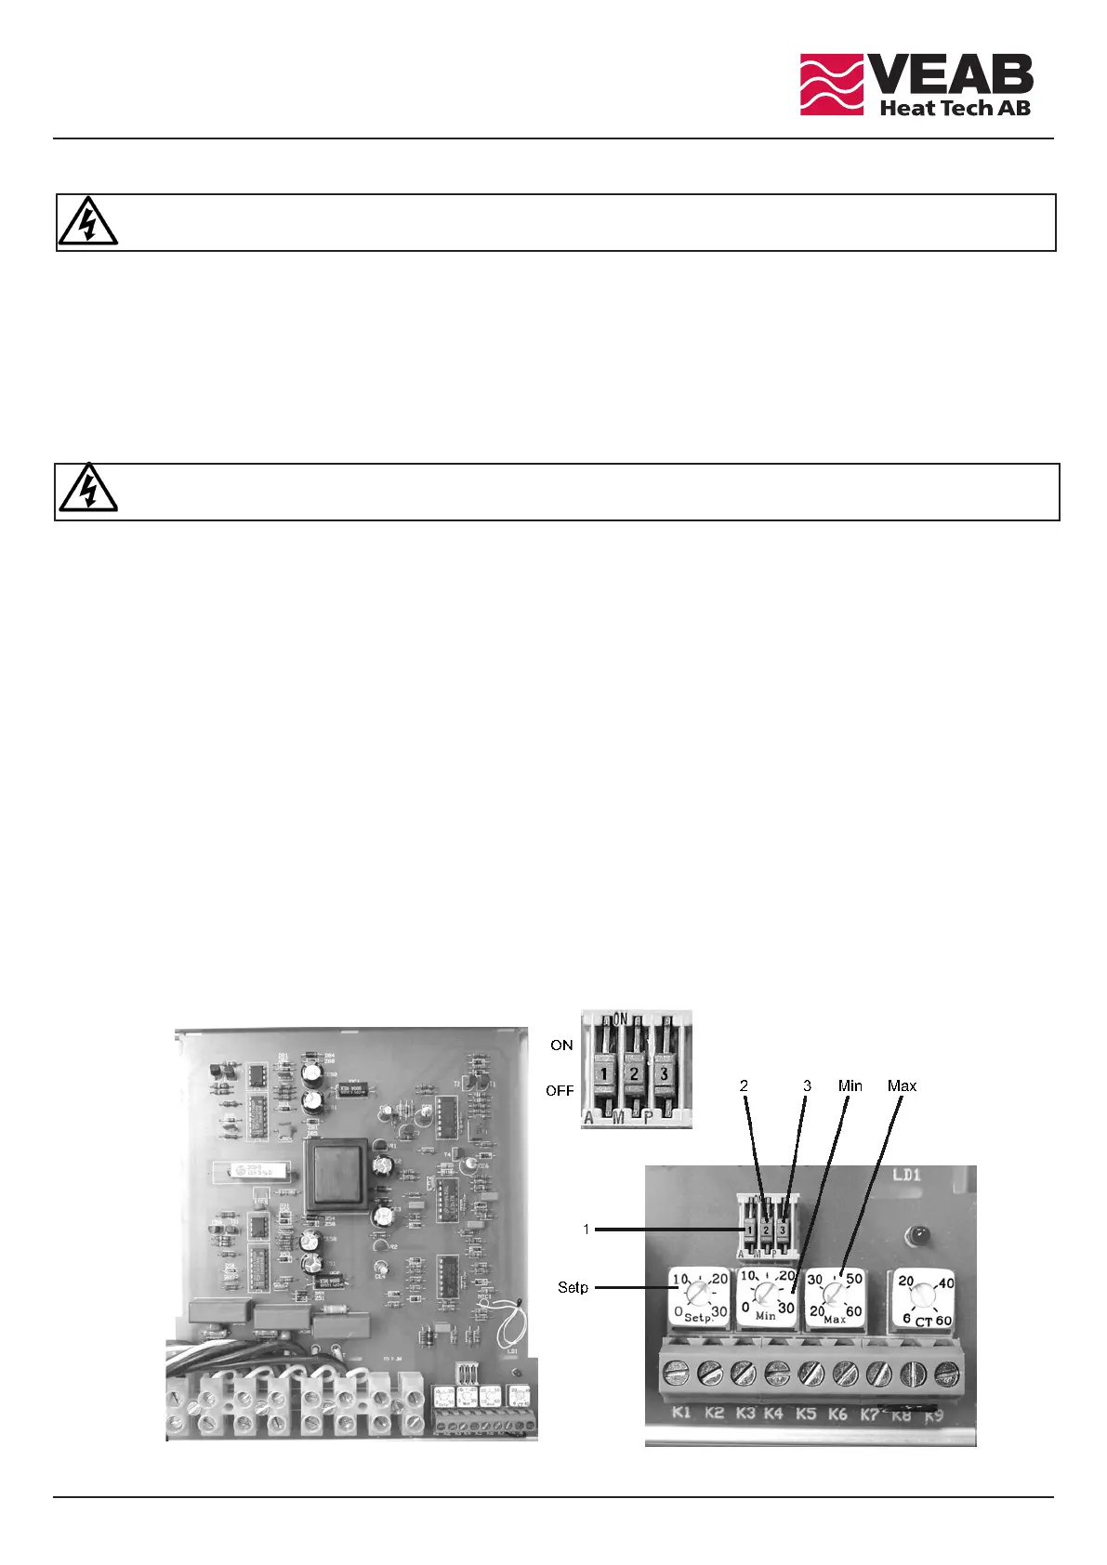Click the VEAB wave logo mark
coord(832,84)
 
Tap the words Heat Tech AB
coord(955,108)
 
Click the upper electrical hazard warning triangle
coord(87,222)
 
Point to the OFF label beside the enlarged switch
coord(560,1090)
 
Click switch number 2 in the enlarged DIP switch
coord(634,1073)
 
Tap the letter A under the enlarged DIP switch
coord(588,1118)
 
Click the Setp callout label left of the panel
coord(573,1287)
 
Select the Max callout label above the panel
coord(902,1085)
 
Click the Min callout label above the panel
coord(850,1085)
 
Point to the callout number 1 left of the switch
coord(586,1230)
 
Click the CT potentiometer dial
coord(923,1294)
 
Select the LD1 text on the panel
coord(906,1176)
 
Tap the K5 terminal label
coord(806,1414)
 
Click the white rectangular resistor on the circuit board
coord(254,1170)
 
